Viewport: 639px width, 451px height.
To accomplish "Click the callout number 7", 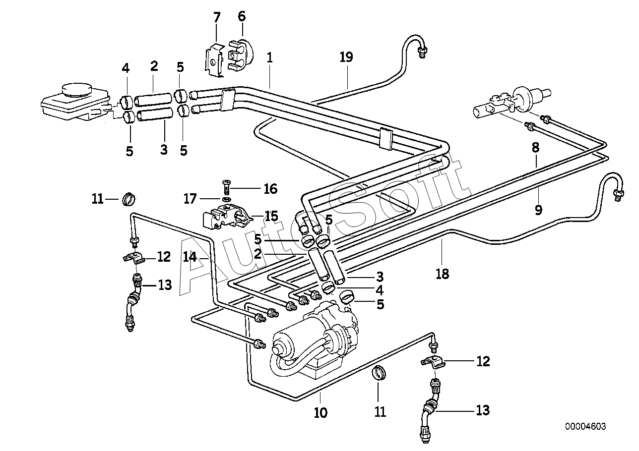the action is pyautogui.click(x=217, y=17).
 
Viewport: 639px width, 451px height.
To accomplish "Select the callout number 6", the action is pyautogui.click(x=242, y=16).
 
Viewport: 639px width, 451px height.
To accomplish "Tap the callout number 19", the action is pyautogui.click(x=346, y=57).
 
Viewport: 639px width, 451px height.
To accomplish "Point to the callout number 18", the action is pyautogui.click(x=443, y=274).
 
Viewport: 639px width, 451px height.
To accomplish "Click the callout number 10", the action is pyautogui.click(x=320, y=413).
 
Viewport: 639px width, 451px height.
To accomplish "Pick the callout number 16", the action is pyautogui.click(x=270, y=189).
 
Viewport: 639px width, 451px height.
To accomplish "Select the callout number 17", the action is pyautogui.click(x=191, y=199).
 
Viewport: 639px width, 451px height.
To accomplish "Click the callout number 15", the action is pyautogui.click(x=271, y=216).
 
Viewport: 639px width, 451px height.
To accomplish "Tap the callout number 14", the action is pyautogui.click(x=190, y=257).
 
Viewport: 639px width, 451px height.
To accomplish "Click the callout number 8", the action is pyautogui.click(x=535, y=148).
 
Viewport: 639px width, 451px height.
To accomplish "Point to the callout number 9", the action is pyautogui.click(x=538, y=210).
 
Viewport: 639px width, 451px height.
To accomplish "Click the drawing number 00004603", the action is pyautogui.click(x=585, y=427).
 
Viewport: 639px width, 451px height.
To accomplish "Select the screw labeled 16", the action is pyautogui.click(x=227, y=187).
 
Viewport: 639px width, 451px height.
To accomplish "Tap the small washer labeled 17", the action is pyautogui.click(x=227, y=199).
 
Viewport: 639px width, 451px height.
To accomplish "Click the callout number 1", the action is pyautogui.click(x=269, y=58).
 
